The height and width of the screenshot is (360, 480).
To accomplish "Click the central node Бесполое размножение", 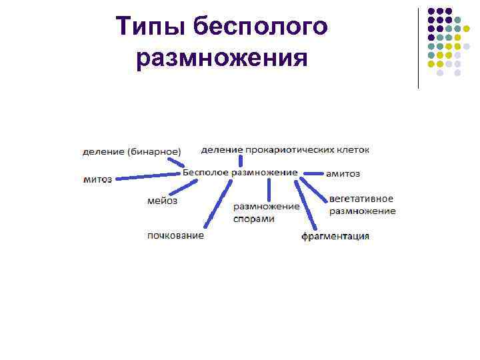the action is [239, 172].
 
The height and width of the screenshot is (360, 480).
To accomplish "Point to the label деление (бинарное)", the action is [131, 151].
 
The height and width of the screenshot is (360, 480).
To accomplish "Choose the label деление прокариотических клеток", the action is [285, 149].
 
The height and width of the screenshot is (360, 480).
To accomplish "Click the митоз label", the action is [97, 179].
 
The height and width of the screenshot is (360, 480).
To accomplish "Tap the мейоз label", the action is [162, 201].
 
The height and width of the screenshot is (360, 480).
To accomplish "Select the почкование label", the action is [176, 235].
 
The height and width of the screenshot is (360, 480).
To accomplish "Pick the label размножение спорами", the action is [266, 213].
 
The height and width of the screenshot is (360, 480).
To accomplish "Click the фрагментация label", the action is [335, 236].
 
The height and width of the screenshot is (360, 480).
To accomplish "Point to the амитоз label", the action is [343, 173].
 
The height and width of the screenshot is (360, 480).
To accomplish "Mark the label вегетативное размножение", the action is [362, 205].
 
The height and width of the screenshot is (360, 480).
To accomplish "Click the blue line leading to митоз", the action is [147, 176].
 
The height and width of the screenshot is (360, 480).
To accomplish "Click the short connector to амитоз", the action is [313, 173].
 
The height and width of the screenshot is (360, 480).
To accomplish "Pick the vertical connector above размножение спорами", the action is [269, 189].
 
